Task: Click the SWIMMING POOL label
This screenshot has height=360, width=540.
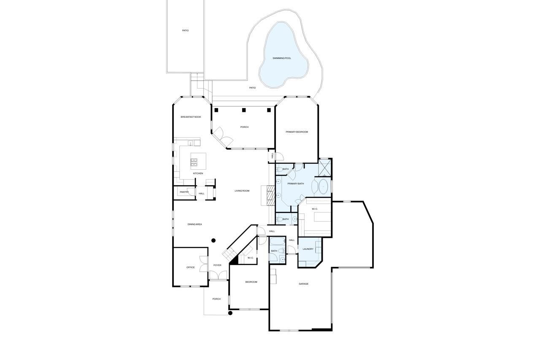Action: coord(281,58)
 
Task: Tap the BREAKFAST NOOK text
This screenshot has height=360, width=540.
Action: coord(191,117)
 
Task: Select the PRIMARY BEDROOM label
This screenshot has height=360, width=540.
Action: coord(297,132)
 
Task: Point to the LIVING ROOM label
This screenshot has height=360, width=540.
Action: coord(242,191)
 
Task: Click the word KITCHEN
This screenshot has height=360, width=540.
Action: coord(198,173)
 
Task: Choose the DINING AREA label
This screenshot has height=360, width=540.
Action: coord(194,224)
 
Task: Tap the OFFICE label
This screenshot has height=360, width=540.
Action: coord(190,268)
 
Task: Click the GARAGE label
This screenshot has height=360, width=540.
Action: coord(303,284)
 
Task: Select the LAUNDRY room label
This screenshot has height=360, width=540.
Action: coord(308,249)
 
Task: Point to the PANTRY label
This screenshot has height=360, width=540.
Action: coord(184,192)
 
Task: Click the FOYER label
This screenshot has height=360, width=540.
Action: coord(217,265)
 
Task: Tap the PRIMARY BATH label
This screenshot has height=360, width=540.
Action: coord(296,184)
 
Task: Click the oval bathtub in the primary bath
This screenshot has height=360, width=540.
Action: coord(323,187)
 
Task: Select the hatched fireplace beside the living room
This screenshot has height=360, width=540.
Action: coord(270,195)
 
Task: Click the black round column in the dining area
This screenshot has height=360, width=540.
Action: coord(213,241)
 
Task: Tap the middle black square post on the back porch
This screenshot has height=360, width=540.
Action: coord(244,110)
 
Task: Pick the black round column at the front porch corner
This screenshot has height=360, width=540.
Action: coord(230,313)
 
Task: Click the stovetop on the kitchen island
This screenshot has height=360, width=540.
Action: coord(194,162)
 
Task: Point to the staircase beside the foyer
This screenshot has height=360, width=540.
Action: coord(229,253)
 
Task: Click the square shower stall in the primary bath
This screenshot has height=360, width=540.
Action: coord(325,168)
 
